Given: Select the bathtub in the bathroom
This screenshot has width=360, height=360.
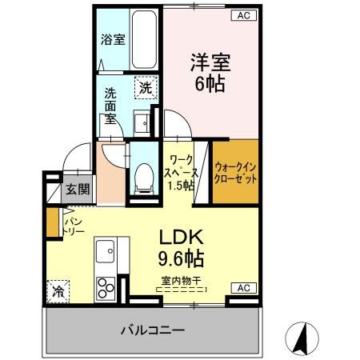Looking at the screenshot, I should point(146,40).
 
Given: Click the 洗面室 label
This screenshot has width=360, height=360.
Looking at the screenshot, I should point(110,105).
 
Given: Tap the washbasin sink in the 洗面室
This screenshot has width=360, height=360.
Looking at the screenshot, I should point(142,122).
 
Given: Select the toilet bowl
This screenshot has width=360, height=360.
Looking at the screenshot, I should point(144,175).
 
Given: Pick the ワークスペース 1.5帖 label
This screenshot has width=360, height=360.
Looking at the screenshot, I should point(180,170).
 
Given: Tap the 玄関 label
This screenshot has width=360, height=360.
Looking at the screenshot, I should point(77,190).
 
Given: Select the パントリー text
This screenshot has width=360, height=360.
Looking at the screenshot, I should point(72,225).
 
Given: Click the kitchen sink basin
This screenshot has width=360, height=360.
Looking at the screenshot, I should point(106,254).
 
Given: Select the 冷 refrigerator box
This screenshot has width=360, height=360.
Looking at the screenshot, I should point(58,292).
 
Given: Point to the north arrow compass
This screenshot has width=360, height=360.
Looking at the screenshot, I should point(302,338).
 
